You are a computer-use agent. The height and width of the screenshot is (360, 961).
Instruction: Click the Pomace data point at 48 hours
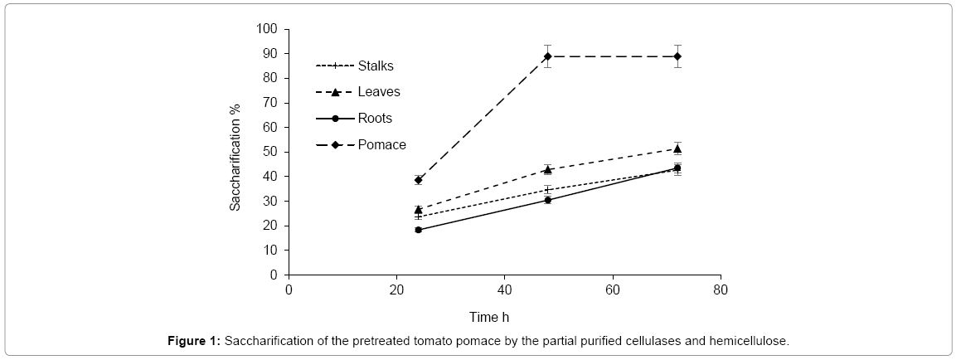(x=548, y=56)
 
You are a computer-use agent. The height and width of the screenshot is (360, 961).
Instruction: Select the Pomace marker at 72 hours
(x=677, y=56)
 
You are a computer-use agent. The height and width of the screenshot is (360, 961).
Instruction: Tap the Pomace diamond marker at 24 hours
(x=419, y=180)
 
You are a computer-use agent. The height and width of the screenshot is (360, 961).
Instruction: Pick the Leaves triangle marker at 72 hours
(x=677, y=149)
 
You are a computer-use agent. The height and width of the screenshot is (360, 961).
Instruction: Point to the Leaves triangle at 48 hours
(x=548, y=169)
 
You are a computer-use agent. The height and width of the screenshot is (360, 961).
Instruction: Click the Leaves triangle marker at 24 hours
(x=419, y=210)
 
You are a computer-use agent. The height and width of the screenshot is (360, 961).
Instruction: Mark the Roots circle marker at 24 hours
(x=419, y=230)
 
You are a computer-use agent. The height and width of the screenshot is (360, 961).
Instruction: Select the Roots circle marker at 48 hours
(x=548, y=200)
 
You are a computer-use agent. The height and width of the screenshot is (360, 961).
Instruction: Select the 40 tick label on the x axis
(x=504, y=291)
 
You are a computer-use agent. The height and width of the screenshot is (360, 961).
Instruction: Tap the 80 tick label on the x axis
(x=721, y=291)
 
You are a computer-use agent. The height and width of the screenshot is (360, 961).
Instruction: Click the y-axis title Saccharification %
(x=235, y=158)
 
